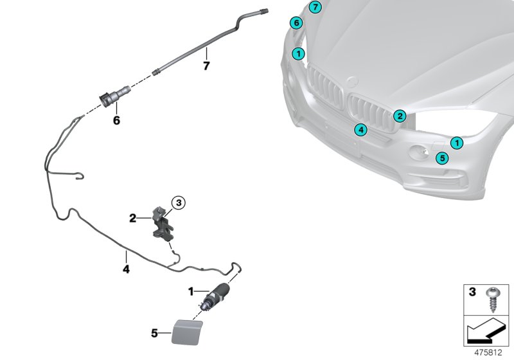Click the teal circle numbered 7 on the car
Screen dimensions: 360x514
coord(314,8)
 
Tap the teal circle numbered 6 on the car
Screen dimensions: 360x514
coord(296,23)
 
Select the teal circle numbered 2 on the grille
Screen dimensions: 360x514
coord(399,116)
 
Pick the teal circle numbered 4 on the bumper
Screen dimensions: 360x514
coord(361,130)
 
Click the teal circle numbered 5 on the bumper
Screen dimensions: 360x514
coord(442,157)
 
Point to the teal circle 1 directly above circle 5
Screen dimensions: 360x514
coord(456,143)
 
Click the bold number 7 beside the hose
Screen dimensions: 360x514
coord(206,66)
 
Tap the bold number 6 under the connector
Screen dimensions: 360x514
coord(116,120)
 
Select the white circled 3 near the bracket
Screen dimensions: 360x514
coord(179,203)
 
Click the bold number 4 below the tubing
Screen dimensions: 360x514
coord(126,270)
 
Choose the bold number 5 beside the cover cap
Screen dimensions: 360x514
coord(154,333)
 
